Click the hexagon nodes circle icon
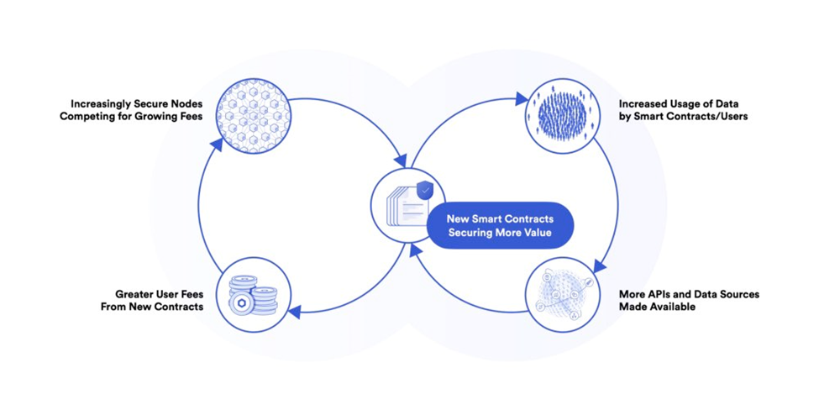[x=254, y=116]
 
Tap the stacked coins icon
[x=254, y=296]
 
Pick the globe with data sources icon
[x=562, y=295]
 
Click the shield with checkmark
[x=426, y=191]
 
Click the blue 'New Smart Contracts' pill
[x=500, y=225]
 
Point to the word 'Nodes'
[x=186, y=104]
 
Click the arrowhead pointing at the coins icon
[x=294, y=313]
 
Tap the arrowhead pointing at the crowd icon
[x=522, y=98]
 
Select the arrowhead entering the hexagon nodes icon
[x=217, y=145]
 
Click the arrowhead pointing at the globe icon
[x=600, y=267]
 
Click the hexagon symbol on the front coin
[x=242, y=303]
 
